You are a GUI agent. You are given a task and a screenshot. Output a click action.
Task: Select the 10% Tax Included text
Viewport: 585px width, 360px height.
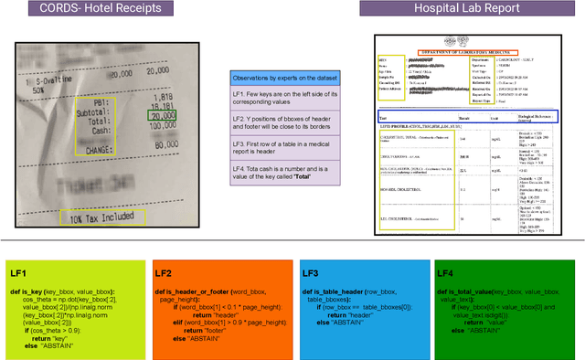coord(103,217)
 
